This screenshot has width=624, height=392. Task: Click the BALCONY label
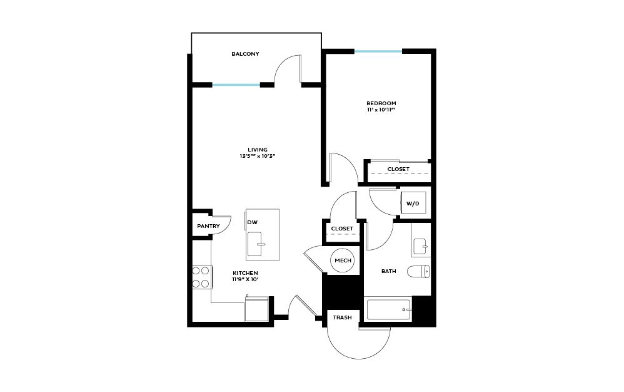pos(245,54)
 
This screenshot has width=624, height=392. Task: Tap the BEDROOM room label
pos(381,103)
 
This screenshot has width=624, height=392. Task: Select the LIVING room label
pos(258,150)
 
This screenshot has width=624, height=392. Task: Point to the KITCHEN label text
pos(245,273)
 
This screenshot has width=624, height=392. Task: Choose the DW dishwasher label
pos(253,222)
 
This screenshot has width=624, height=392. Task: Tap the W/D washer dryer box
pos(413,204)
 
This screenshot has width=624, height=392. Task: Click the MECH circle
pos(343,260)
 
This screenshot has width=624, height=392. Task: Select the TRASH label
pos(342,317)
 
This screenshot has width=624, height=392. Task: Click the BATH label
pos(389,271)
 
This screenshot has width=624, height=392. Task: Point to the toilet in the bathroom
pos(418,271)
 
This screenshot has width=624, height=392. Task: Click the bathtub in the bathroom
pos(389,309)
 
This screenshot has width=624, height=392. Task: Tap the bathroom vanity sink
pos(421,247)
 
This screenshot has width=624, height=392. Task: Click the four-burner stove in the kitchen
pos(201,277)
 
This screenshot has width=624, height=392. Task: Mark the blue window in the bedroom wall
pos(378,51)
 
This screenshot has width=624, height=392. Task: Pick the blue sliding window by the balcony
pos(236,85)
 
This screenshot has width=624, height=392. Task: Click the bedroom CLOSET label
pos(398,169)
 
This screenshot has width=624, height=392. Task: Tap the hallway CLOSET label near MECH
pos(342,229)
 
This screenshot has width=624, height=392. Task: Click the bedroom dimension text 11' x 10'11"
pos(381,110)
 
